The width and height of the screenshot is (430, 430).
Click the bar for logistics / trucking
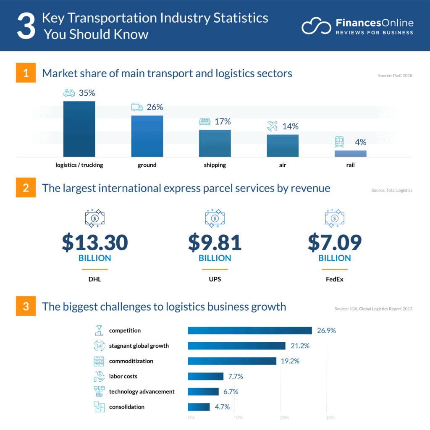(x=79, y=129)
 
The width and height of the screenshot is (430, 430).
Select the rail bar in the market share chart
(x=350, y=154)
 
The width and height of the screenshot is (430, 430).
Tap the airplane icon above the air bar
(x=273, y=126)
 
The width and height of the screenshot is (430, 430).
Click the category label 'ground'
(x=147, y=165)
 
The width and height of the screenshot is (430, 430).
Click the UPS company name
(x=215, y=279)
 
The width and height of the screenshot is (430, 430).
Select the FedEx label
(x=335, y=279)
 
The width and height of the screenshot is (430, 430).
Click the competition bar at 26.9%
(x=249, y=330)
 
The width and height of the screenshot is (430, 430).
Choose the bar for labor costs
(x=205, y=376)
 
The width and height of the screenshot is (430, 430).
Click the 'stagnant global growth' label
(x=139, y=346)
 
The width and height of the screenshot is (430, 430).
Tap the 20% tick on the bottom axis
(x=284, y=418)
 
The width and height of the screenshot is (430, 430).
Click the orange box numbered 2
(x=26, y=188)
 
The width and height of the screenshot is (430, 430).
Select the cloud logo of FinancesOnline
(x=315, y=26)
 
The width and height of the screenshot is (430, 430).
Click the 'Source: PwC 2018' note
(x=395, y=76)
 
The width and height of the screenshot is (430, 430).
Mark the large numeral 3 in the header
(x=26, y=26)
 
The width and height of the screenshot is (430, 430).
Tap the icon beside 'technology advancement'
(x=99, y=391)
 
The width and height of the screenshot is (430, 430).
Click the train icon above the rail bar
(x=339, y=142)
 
